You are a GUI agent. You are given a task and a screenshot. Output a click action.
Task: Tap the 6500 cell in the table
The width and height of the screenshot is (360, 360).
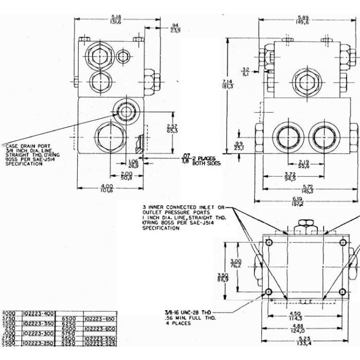(69, 318)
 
